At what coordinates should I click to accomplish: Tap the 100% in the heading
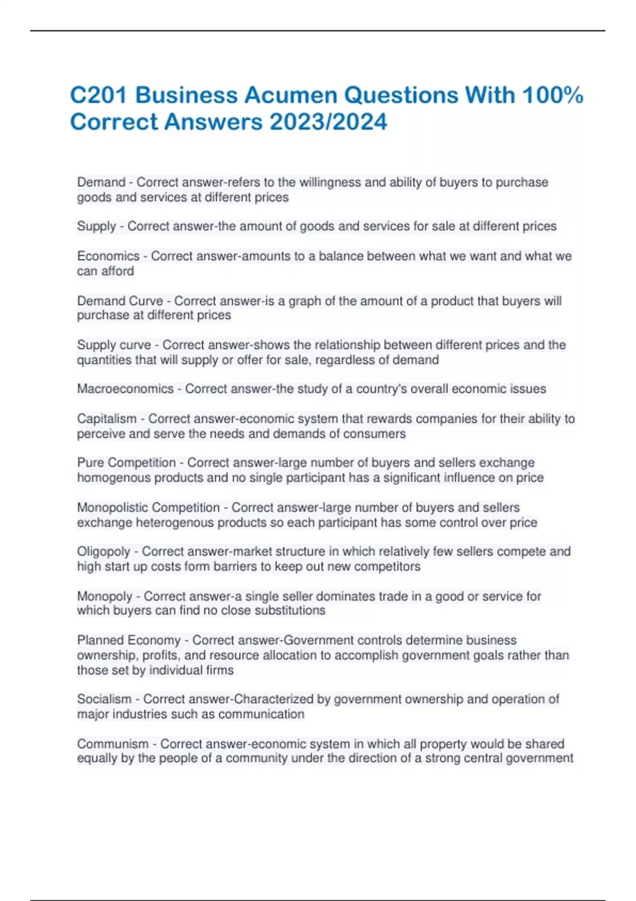click(x=552, y=96)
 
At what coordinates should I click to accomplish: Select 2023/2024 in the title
click(x=329, y=122)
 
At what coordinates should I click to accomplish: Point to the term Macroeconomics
click(x=125, y=389)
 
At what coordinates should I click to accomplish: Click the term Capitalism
click(x=107, y=419)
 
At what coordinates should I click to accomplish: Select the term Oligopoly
click(x=103, y=552)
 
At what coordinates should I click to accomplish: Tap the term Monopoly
click(x=104, y=596)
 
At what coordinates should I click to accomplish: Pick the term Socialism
click(x=104, y=699)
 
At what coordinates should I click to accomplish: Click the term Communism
click(x=112, y=744)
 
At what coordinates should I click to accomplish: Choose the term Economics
click(x=108, y=256)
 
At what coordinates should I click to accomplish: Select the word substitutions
click(x=290, y=611)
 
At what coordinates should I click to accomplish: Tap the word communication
click(x=261, y=714)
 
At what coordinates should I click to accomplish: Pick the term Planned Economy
click(x=129, y=640)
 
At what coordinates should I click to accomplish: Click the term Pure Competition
click(x=126, y=463)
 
